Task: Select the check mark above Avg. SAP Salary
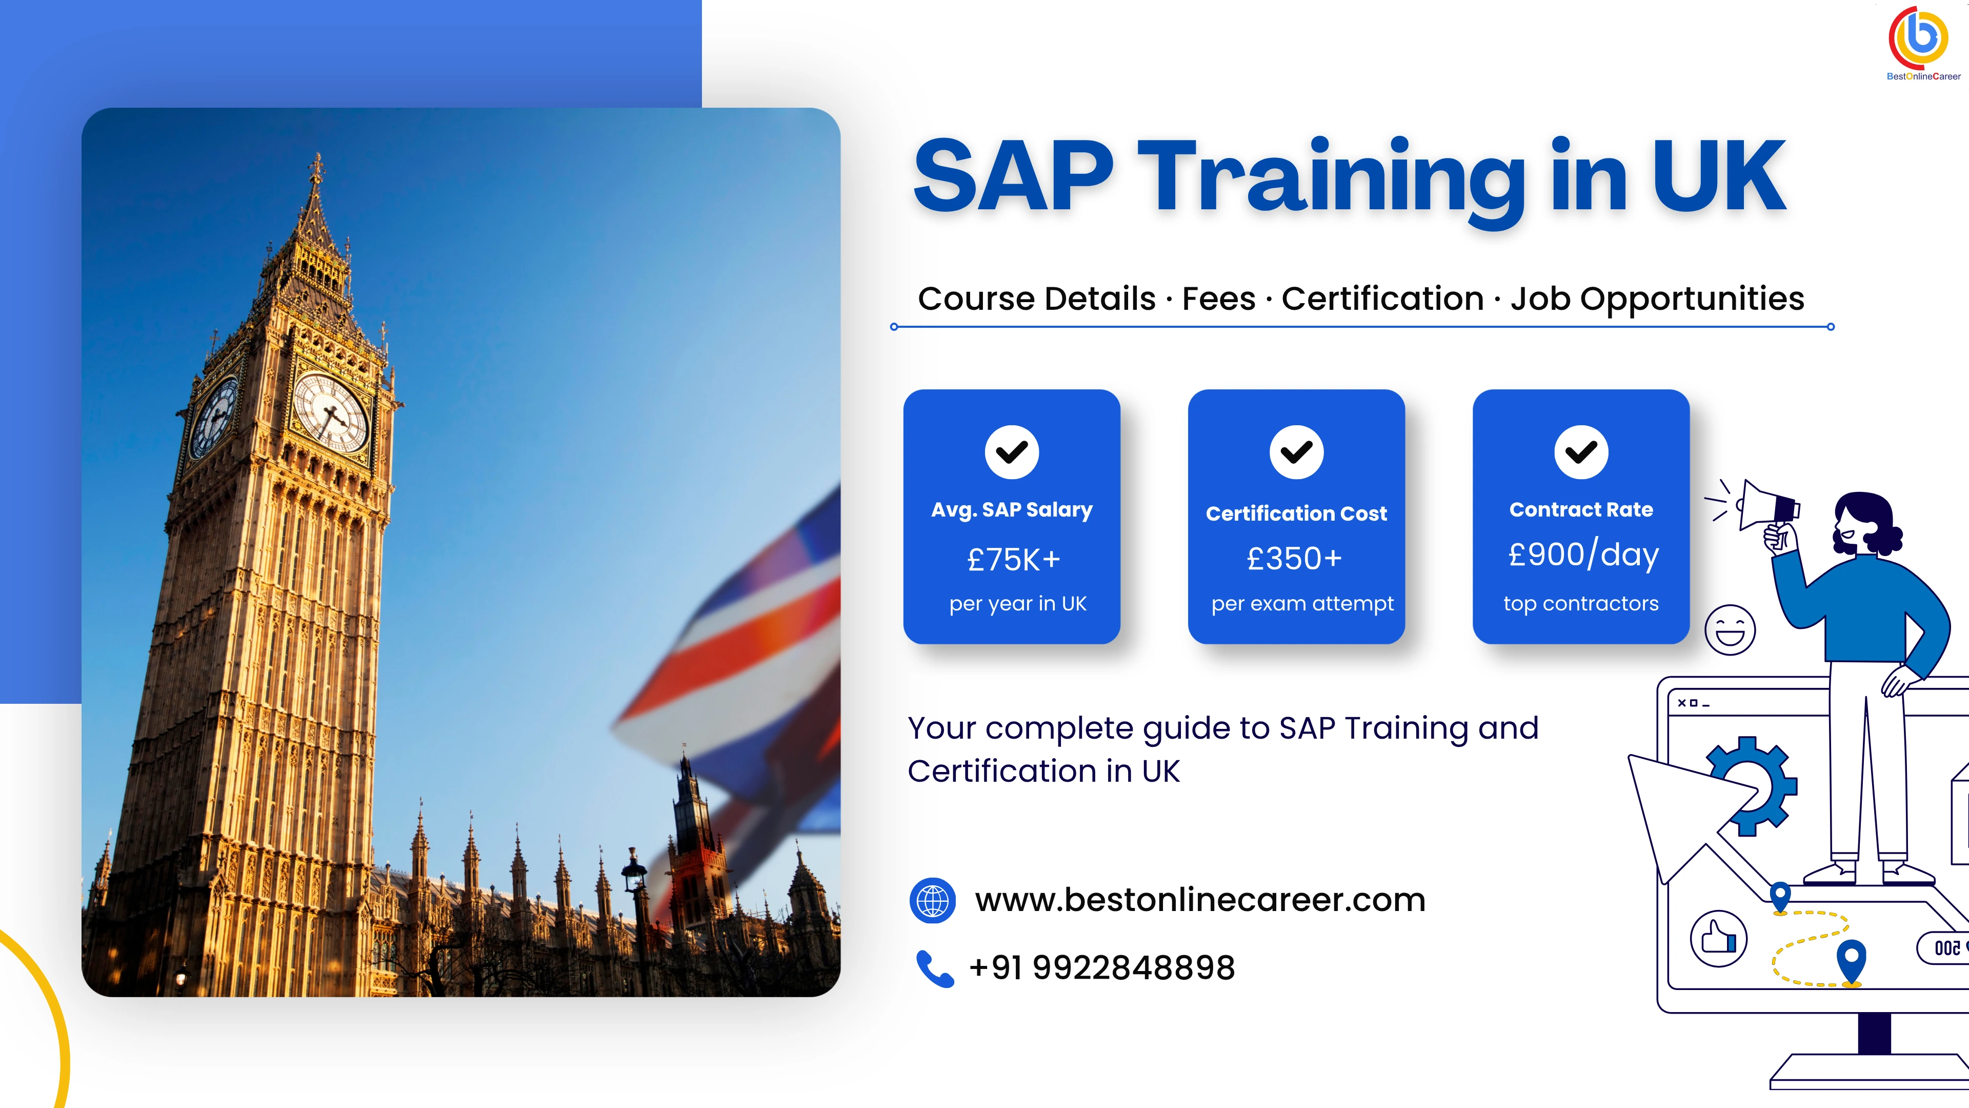point(1011,452)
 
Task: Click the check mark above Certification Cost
point(1296,452)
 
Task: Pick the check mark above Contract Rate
point(1581,452)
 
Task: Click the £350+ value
point(1294,559)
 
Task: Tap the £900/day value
point(1583,555)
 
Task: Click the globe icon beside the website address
point(932,900)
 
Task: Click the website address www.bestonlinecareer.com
point(1200,900)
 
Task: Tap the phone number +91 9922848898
point(1101,968)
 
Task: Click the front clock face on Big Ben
point(331,413)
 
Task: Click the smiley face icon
point(1730,629)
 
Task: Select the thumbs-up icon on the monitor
point(1718,938)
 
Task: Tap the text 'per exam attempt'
point(1302,604)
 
